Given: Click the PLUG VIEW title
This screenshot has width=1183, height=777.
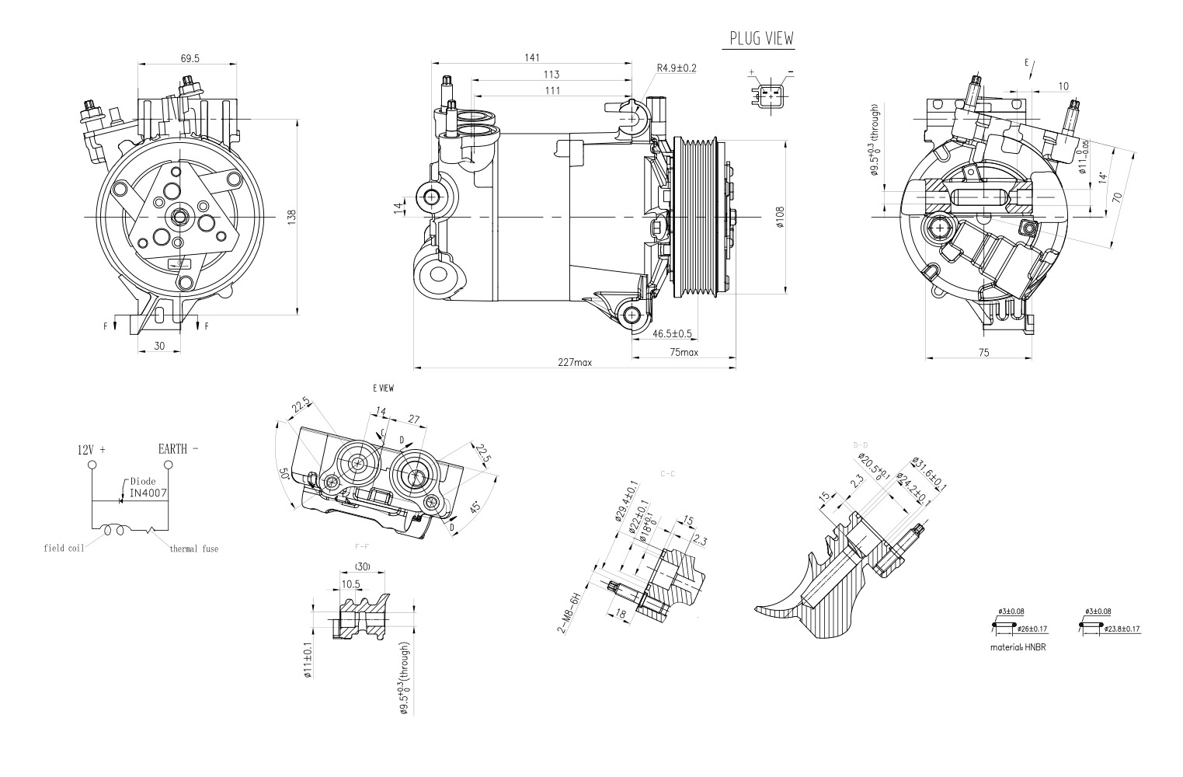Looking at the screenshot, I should [761, 39].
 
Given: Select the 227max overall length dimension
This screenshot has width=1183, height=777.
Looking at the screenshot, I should [574, 362].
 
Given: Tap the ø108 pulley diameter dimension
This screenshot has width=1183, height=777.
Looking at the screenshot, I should [780, 217].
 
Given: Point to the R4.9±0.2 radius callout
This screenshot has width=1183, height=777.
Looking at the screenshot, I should [676, 68].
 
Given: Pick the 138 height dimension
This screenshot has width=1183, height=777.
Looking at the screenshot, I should [292, 218].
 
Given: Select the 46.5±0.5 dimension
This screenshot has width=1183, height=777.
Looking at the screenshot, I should [672, 334].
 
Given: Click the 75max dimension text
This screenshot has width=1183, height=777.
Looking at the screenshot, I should [684, 352].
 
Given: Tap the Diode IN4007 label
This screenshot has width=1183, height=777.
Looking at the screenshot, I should [148, 487].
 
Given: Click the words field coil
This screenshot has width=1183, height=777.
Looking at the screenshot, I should [64, 548].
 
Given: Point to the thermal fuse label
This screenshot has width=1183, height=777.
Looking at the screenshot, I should [194, 549].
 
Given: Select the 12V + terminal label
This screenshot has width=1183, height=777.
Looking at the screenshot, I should [91, 449].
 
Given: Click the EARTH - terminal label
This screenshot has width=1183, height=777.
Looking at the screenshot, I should [178, 448].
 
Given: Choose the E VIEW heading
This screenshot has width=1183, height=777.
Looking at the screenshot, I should [383, 388].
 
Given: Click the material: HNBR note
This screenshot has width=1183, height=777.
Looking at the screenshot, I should [1018, 646].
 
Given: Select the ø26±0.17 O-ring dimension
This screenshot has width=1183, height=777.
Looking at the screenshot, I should [1033, 628].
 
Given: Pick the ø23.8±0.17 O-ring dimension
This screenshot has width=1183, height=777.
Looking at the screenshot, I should [1122, 628].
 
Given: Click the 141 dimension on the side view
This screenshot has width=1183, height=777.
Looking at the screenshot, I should [532, 57].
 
